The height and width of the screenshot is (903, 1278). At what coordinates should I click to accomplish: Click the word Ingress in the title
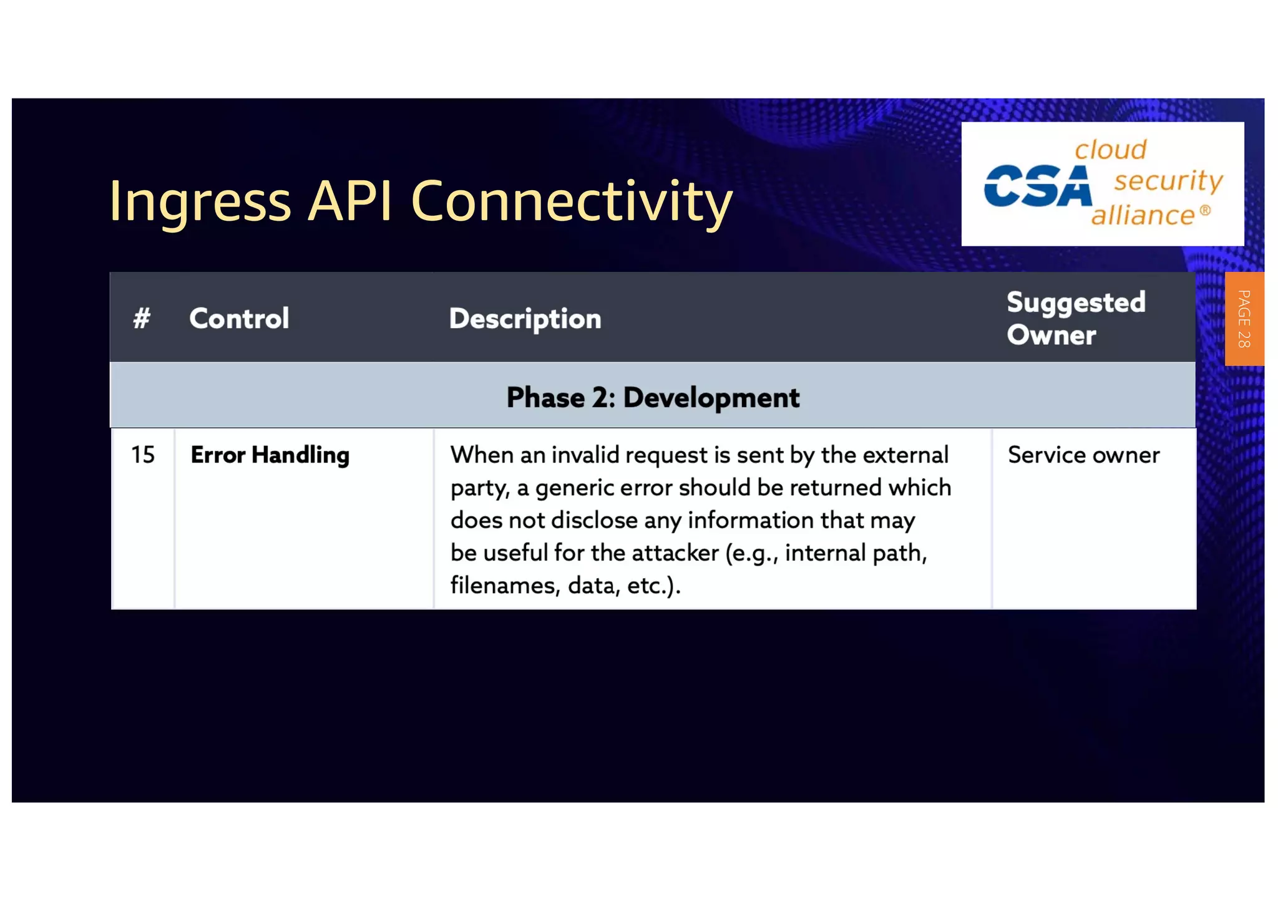(x=200, y=201)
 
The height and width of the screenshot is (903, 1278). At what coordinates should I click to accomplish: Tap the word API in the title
(x=350, y=200)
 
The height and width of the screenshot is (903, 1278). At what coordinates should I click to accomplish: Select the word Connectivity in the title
(x=571, y=201)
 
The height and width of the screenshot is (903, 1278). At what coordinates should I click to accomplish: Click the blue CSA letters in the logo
(x=1037, y=186)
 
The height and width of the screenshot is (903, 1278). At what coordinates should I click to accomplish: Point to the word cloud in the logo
(x=1110, y=150)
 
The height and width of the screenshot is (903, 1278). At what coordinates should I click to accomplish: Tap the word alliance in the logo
(x=1143, y=215)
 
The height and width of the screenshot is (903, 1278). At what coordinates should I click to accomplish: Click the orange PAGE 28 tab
(x=1243, y=319)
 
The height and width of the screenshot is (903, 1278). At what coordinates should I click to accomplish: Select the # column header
(x=142, y=318)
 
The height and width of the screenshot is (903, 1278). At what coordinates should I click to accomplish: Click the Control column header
(x=239, y=318)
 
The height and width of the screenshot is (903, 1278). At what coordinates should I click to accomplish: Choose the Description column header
(x=525, y=319)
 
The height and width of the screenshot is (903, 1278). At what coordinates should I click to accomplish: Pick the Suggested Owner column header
(x=1076, y=318)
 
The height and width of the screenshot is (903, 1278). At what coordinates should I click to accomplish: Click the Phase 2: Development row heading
(x=652, y=397)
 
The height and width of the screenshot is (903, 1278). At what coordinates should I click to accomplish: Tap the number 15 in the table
(x=142, y=455)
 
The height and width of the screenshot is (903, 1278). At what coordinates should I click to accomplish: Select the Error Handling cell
(x=270, y=455)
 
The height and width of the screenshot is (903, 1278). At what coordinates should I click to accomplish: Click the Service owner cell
(x=1083, y=455)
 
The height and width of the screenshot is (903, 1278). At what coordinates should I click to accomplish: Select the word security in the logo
(x=1168, y=181)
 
